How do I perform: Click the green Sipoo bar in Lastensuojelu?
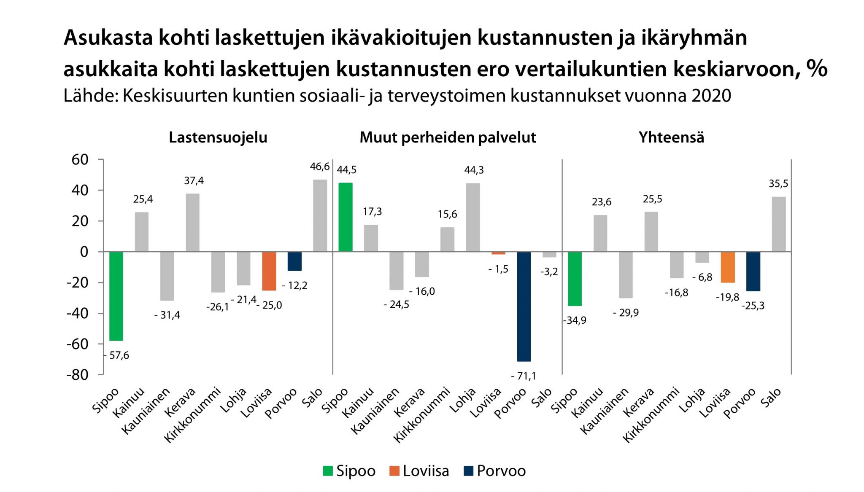pos(116,296)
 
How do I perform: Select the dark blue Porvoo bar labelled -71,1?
pos(524,306)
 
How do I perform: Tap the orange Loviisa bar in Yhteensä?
pos(728,267)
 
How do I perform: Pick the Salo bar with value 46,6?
pos(320,216)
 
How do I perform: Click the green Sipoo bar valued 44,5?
pos(346,217)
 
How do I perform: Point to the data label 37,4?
pos(194,181)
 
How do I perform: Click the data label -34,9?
pos(575,320)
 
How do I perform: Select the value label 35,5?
pos(778,184)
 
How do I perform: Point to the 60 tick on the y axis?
pos(80,160)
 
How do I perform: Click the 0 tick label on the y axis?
pos(84,252)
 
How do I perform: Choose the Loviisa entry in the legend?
pos(426,471)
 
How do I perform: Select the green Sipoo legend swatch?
pos(328,471)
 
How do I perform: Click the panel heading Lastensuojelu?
pos(218,138)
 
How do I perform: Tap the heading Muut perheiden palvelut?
pos(448,138)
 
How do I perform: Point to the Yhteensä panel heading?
pos(671,138)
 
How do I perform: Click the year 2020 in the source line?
pos(711,96)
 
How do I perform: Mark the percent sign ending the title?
pos(817,69)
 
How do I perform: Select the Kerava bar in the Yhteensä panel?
pos(651,232)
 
